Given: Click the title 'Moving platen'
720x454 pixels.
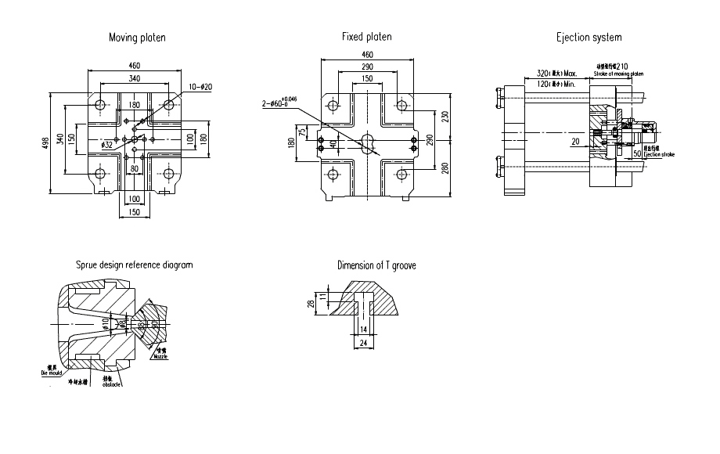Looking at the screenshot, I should [137, 38].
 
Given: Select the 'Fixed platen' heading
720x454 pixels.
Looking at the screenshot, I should [367, 37].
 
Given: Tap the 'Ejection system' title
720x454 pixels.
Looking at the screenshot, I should [589, 38].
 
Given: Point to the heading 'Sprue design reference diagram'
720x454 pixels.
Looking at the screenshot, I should [134, 265].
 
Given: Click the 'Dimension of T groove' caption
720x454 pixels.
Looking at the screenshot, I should [376, 265].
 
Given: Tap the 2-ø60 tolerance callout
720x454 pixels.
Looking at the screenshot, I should [279, 102].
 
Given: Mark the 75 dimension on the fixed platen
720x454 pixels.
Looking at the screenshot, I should [303, 131].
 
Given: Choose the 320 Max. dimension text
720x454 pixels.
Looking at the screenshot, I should [556, 73].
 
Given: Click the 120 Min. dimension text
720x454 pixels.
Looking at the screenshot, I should [556, 82].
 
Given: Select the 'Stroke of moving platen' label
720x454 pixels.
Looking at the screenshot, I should [619, 74].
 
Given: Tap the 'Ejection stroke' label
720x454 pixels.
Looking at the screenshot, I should [658, 155].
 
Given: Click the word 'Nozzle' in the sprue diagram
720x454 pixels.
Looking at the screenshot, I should [160, 356].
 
